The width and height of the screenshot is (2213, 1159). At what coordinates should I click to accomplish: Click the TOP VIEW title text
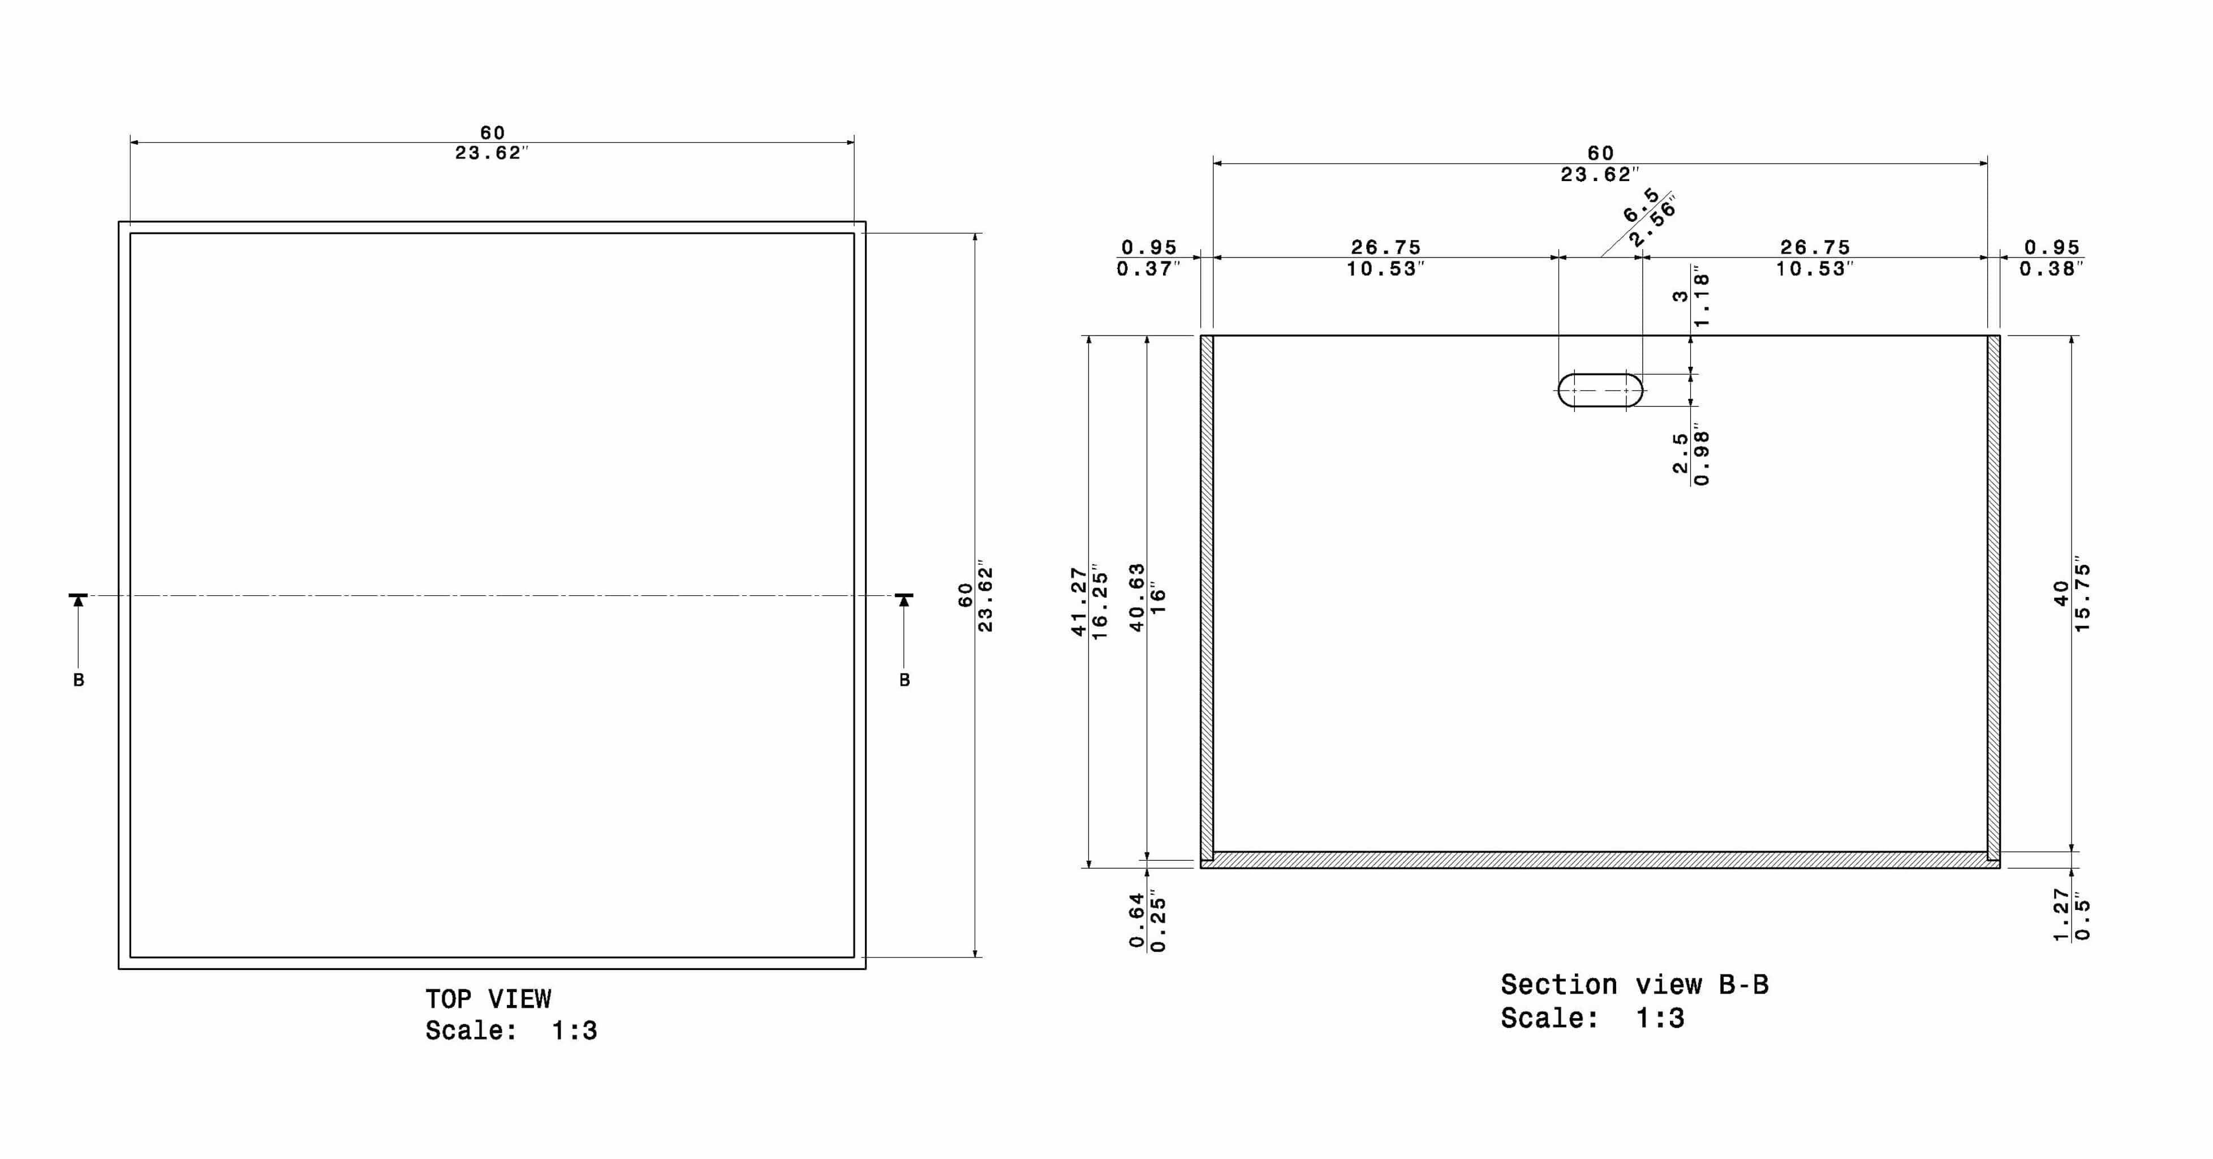[488, 999]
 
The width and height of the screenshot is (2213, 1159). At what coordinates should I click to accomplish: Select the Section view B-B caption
[1635, 985]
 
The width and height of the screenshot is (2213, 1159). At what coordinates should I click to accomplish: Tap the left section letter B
[78, 680]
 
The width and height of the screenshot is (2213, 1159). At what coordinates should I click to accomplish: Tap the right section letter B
[904, 680]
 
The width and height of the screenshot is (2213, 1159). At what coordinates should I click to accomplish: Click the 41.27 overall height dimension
[1078, 602]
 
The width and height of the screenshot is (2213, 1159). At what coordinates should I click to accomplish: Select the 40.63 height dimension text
[1136, 598]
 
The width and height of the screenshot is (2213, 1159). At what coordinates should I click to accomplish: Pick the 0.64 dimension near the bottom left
[1136, 921]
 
